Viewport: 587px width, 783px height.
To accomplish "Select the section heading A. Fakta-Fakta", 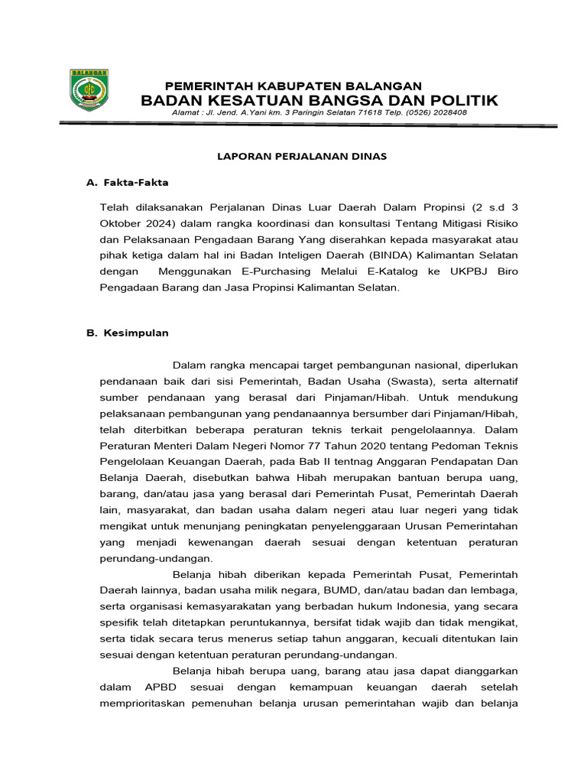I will point(128,183).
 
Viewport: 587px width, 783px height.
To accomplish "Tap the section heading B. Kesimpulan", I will point(128,333).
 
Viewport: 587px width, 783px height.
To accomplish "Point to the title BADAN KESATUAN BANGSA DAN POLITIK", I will point(319,101).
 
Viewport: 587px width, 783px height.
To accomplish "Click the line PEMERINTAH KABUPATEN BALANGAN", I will point(293,86).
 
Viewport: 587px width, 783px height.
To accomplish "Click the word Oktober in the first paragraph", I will point(121,223).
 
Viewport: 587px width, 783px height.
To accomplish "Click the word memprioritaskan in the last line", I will point(144,703).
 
